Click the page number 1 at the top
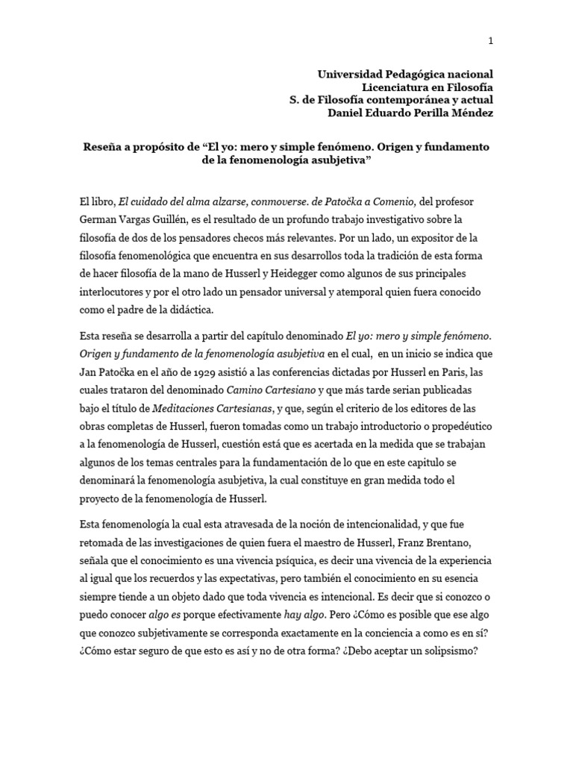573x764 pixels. point(490,42)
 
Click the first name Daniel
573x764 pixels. point(345,113)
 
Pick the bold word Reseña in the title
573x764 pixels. point(103,147)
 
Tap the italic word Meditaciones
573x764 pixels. point(184,407)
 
